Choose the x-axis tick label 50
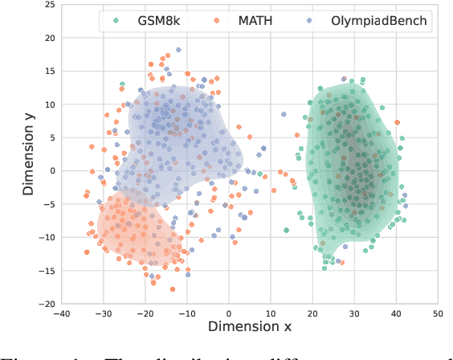click(x=438, y=314)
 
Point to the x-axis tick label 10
click(x=271, y=314)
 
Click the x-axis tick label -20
click(x=145, y=314)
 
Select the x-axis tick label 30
click(x=354, y=314)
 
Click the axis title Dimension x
click(x=250, y=328)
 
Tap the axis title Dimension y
click(x=27, y=154)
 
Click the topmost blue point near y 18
click(x=178, y=50)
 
